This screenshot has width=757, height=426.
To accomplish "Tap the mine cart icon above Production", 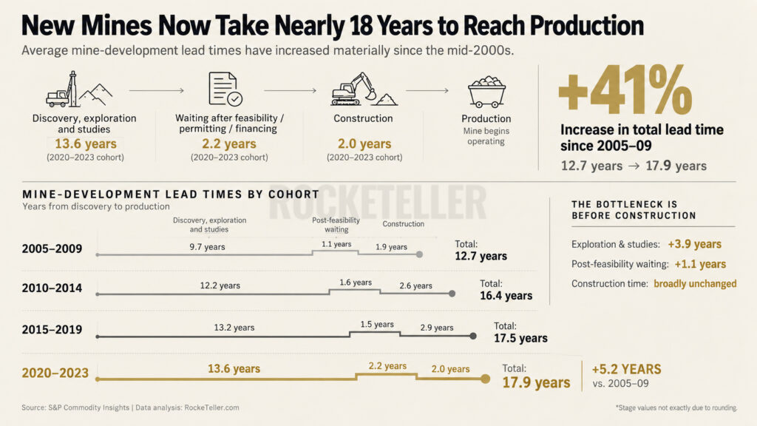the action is [486, 91].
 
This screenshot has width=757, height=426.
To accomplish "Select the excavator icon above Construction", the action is [364, 89].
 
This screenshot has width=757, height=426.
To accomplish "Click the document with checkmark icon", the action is [225, 89].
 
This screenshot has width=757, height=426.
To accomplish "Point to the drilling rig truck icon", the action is [78, 89].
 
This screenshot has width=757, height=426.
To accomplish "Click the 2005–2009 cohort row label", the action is [52, 248].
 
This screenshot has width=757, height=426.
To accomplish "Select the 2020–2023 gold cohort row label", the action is [55, 373].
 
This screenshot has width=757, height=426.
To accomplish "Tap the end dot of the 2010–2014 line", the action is [452, 294].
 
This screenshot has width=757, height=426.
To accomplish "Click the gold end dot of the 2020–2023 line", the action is [485, 379].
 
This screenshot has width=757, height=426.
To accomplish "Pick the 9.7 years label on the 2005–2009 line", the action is [207, 247].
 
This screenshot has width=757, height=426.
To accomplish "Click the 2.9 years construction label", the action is [436, 328].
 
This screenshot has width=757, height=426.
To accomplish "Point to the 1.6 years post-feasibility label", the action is [356, 283].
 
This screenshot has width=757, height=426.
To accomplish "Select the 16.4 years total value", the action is [506, 296].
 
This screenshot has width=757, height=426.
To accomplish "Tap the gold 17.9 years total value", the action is [536, 382].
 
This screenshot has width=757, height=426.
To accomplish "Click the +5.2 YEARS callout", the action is [627, 370].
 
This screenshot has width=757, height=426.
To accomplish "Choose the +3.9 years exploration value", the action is [695, 244].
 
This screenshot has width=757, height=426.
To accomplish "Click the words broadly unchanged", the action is [695, 283].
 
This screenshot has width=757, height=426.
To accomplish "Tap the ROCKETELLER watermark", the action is [377, 202].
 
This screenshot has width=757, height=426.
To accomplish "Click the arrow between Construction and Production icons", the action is [427, 90].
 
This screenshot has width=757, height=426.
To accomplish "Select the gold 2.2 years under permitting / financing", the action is [229, 144].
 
